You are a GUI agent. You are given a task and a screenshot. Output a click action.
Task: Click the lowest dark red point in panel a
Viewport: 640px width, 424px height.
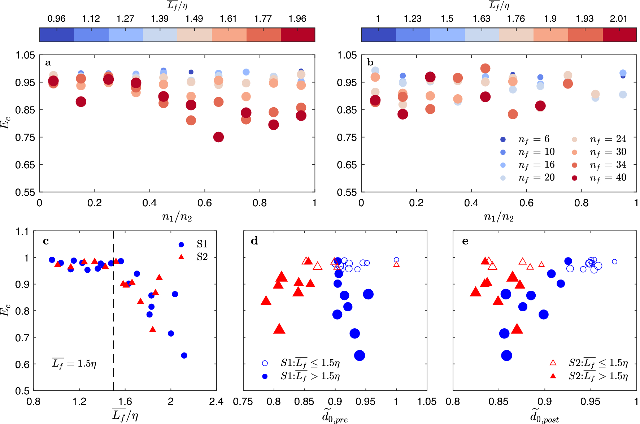pos(218,137)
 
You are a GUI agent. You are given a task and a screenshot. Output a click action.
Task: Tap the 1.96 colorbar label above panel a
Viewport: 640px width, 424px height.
pos(297,19)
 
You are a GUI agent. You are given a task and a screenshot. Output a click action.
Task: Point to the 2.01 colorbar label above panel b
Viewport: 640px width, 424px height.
pos(619,19)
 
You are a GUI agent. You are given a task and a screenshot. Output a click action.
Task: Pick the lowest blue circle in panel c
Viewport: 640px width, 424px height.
pos(184,355)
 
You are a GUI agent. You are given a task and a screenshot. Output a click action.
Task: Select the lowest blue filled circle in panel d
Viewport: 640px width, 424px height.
pos(360,355)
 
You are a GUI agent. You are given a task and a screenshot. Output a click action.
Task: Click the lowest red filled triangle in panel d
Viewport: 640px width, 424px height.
pos(279,329)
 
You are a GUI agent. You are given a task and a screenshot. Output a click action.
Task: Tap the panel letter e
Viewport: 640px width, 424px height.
pos(465,241)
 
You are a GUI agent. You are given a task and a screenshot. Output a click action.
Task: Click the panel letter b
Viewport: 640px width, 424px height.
pos(370,62)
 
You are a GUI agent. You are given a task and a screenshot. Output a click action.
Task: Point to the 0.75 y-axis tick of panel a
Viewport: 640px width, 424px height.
pos(25,137)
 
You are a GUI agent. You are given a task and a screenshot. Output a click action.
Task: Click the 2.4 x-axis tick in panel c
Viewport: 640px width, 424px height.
pos(216,402)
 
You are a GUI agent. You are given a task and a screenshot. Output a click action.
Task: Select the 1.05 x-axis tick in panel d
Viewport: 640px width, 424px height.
pos(427,402)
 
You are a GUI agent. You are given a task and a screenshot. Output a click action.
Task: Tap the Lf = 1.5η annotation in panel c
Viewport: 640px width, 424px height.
pos(74,363)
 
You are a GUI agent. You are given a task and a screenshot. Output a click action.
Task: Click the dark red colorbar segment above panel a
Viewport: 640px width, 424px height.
pos(298,35)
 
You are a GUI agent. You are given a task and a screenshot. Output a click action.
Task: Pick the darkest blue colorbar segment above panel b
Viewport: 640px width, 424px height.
pos(378,35)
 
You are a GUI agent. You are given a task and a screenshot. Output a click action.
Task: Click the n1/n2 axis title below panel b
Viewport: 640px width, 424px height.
pos(498,217)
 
